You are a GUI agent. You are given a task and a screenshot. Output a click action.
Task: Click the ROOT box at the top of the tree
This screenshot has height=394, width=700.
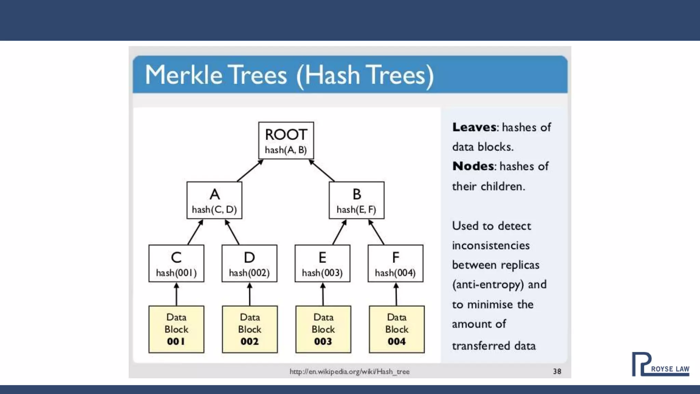286,141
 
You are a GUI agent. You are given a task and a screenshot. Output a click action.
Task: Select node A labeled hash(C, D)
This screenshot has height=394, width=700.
214,200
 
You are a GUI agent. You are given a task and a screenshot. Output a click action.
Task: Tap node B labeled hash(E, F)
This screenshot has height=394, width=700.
356,200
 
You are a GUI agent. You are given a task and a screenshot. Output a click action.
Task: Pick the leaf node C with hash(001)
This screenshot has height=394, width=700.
176,263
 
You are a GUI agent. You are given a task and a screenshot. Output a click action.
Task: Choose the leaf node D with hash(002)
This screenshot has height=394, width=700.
250,263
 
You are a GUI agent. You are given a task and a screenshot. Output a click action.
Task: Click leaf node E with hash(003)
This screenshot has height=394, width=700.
322,263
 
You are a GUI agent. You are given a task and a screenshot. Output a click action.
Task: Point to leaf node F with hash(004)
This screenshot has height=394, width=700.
395,263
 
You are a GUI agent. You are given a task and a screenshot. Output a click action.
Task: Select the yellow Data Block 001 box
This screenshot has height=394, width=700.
176,329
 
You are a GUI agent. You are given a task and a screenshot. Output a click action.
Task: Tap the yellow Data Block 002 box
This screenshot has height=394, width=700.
250,329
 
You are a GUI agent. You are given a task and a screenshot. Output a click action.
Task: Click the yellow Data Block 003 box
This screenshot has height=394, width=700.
323,329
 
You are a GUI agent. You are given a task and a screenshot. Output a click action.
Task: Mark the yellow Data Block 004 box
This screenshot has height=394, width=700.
397,329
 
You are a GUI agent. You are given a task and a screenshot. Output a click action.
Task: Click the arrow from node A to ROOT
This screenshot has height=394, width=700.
250,170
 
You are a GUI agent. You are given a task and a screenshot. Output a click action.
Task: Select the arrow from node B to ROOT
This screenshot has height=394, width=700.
322,170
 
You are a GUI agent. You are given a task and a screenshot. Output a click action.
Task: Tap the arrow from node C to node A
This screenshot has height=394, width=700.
196,232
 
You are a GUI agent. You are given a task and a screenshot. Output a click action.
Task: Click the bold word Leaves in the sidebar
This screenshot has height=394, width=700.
474,127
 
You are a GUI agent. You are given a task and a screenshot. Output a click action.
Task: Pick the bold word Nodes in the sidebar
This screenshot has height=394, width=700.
473,166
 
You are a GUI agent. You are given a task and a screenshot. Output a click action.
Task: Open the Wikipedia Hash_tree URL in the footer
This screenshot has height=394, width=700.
349,371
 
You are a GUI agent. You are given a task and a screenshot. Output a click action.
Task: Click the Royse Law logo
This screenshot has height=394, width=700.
660,365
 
